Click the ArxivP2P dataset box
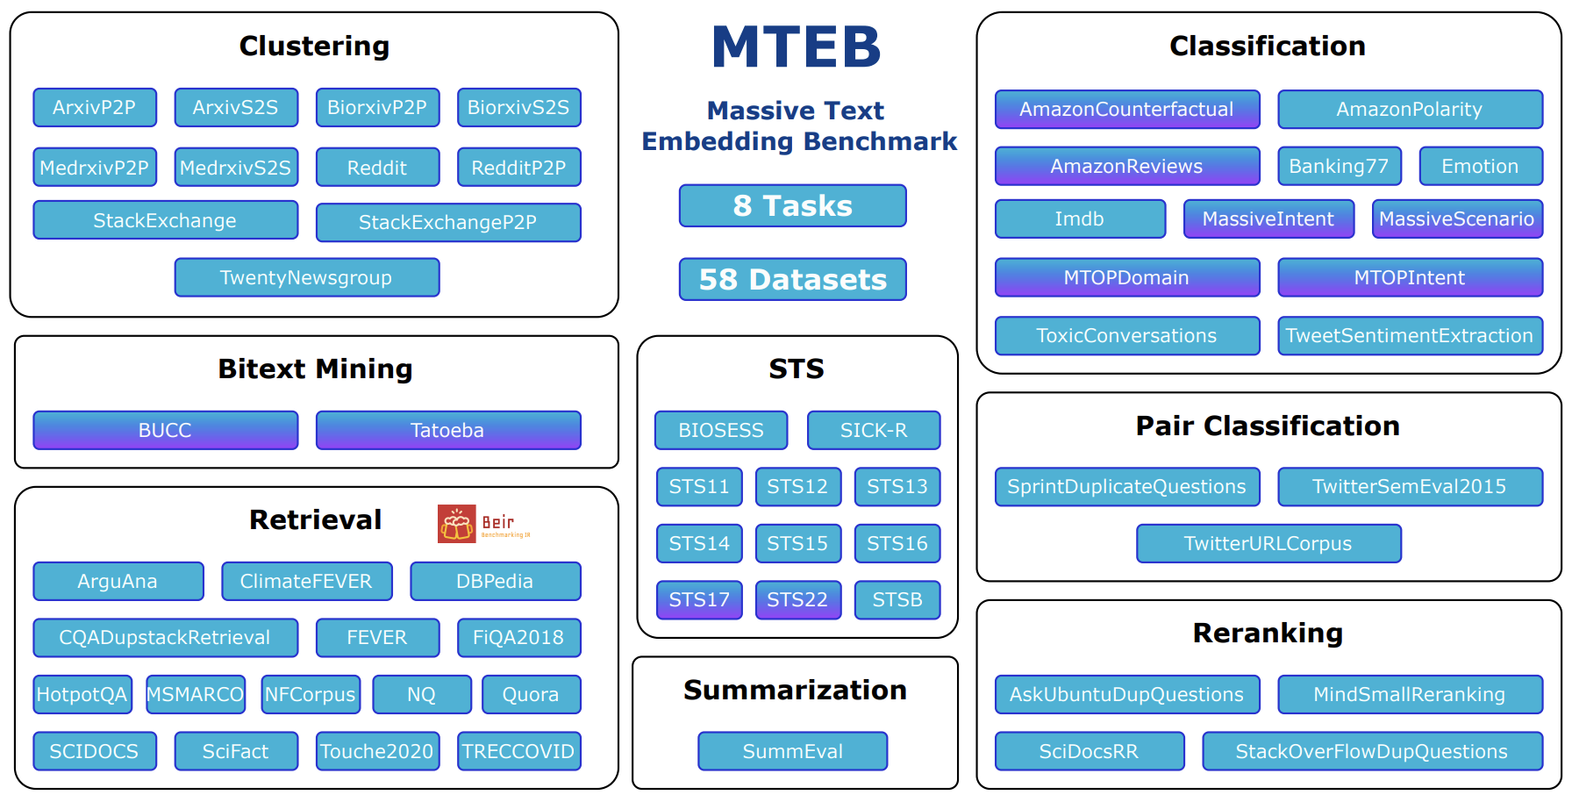95,108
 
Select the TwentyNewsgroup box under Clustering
306,277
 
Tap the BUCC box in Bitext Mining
165,430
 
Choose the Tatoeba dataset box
447,430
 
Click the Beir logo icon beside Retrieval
457,524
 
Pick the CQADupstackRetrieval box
165,638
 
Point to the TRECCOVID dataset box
518,751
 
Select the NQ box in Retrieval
421,694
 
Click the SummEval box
792,751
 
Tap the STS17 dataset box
699,600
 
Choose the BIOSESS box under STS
720,430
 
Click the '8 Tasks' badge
792,205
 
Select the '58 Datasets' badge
792,279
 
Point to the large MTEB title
796,47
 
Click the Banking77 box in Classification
1339,166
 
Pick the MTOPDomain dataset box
1126,277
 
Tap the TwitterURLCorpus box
1268,543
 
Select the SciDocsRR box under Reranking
1089,751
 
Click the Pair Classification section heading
1268,426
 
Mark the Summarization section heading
795,690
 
